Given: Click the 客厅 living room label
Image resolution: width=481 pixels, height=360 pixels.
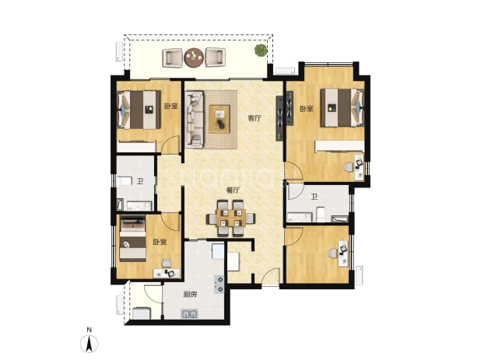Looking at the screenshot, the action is [255, 118].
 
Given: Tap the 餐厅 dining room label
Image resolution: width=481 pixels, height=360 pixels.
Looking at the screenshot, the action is [233, 190].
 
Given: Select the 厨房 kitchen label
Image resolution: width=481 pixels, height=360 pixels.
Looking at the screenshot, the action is [190, 295].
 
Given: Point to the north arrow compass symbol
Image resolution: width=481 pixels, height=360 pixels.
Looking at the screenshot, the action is [89, 344].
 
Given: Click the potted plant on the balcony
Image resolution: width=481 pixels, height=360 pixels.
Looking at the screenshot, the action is [261, 51].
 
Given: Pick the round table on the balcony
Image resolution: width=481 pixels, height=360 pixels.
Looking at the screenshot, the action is [194, 58].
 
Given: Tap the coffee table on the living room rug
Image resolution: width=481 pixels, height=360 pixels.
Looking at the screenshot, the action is [219, 119].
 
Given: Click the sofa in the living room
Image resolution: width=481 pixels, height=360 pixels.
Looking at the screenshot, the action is [194, 120].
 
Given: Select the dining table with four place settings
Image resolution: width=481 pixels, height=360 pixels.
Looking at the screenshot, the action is [231, 218].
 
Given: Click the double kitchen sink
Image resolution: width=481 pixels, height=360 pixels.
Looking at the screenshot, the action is [190, 314].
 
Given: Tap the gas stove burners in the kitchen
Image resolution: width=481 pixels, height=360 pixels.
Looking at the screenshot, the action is [219, 284].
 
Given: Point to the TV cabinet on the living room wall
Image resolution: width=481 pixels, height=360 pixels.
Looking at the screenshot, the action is [279, 118].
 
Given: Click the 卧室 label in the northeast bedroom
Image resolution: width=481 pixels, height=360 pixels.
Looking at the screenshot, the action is [307, 108].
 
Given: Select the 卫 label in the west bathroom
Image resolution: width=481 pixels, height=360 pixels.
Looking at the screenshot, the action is [140, 181].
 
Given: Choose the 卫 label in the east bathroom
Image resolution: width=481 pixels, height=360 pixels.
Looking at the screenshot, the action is [314, 197].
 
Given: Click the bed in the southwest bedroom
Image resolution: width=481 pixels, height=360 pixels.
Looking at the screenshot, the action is [132, 239].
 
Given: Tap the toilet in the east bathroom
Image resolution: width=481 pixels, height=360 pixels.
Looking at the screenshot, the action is [320, 215].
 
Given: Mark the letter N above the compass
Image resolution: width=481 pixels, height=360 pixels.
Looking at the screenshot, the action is [89, 330].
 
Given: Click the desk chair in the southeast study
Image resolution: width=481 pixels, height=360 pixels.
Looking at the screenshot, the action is [332, 253].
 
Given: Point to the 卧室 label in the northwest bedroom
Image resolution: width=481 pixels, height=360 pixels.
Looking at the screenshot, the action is [171, 107].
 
